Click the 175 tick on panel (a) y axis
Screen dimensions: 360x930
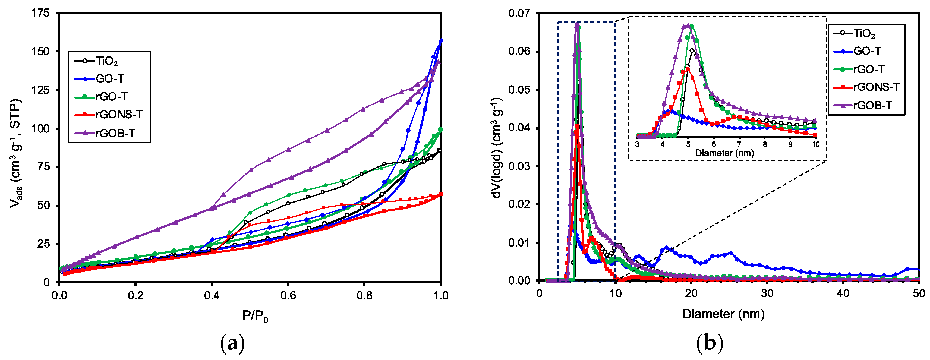(x=40, y=13)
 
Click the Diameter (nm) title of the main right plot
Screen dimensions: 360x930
(x=723, y=314)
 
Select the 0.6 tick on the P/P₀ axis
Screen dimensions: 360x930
(x=288, y=296)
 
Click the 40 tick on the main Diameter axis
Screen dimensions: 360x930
(x=843, y=293)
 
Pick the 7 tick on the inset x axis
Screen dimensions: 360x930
(x=739, y=144)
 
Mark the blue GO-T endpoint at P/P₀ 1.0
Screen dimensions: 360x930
(x=440, y=41)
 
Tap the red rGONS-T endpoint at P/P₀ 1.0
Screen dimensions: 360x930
(x=440, y=194)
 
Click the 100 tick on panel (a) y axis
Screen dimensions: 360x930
(x=40, y=128)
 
